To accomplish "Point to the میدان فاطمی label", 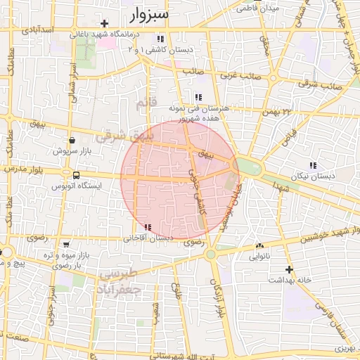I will point(259,8).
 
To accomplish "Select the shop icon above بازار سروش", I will point(72,140).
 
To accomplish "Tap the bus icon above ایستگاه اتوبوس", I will point(75,175).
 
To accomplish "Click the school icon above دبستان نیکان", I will point(312,165).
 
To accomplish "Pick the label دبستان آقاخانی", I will point(148,238).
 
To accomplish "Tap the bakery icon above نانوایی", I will point(260,245).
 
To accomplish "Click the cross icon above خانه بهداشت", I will point(288,269).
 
